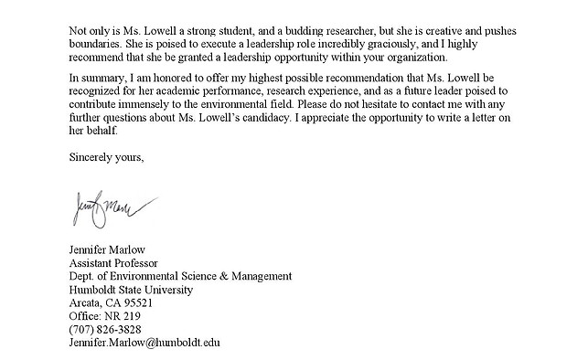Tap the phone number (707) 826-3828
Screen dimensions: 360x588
click(x=104, y=329)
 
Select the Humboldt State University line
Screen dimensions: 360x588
click(x=131, y=290)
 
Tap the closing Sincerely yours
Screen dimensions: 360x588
click(x=106, y=157)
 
